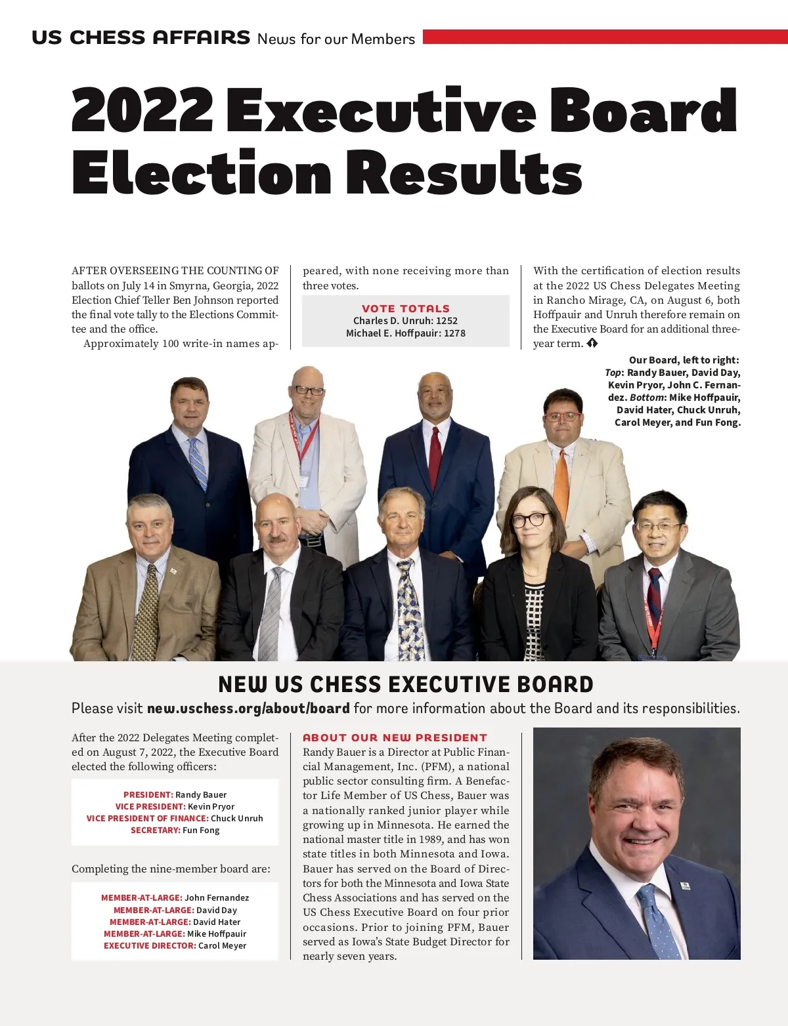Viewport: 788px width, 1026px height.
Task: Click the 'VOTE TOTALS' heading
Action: coord(406,308)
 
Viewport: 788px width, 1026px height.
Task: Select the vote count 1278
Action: coord(454,333)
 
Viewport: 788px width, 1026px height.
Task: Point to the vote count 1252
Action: coord(447,321)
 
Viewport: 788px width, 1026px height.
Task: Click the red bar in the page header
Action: coord(604,37)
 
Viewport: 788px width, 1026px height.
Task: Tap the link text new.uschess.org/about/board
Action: coord(248,708)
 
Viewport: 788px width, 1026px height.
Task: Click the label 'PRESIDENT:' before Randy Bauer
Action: coord(148,794)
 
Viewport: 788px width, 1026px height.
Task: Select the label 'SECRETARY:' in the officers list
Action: coord(156,830)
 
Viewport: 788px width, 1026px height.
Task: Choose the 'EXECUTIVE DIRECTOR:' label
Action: coord(150,945)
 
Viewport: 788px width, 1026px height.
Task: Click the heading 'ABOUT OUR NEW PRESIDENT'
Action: coord(395,737)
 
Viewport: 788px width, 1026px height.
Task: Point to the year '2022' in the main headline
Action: coord(142,110)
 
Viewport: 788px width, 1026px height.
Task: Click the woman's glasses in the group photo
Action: coord(530,520)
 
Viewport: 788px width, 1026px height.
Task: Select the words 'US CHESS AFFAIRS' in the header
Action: coord(141,37)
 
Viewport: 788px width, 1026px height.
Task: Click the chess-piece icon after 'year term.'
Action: coord(592,343)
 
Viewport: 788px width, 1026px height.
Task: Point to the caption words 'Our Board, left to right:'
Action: coord(684,359)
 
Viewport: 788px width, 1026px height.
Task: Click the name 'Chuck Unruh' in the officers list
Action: coord(237,818)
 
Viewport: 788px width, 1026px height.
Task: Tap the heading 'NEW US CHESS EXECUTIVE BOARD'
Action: coord(406,684)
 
